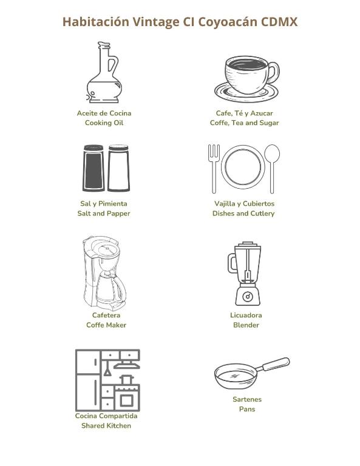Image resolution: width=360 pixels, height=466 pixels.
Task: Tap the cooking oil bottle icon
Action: [x=104, y=73]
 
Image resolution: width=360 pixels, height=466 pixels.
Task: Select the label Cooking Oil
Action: [x=104, y=123]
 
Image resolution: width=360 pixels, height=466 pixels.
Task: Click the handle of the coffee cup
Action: [x=273, y=73]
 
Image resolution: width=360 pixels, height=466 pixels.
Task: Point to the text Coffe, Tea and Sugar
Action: [x=245, y=123]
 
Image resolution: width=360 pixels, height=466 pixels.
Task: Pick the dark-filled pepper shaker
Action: [x=93, y=168]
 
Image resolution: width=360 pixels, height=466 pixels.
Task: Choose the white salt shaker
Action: [x=118, y=168]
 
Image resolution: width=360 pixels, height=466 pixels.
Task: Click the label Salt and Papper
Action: [x=104, y=214]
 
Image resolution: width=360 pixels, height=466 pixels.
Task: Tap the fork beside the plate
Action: [x=214, y=169]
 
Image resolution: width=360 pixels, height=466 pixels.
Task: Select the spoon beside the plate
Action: [x=272, y=169]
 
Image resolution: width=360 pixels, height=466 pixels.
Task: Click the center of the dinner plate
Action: [x=243, y=167]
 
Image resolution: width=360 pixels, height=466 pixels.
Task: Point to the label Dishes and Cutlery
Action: [x=243, y=214]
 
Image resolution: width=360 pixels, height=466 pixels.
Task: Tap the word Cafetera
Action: [x=106, y=315]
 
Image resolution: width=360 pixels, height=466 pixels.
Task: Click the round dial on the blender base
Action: [x=248, y=296]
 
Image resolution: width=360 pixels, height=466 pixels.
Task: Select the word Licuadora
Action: [x=246, y=315]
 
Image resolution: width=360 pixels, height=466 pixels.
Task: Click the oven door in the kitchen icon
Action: [x=127, y=400]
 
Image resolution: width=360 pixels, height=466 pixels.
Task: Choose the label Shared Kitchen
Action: [x=106, y=425]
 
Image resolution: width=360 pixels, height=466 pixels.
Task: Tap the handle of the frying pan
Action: [x=275, y=364]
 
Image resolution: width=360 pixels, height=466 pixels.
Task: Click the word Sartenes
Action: [x=247, y=399]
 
